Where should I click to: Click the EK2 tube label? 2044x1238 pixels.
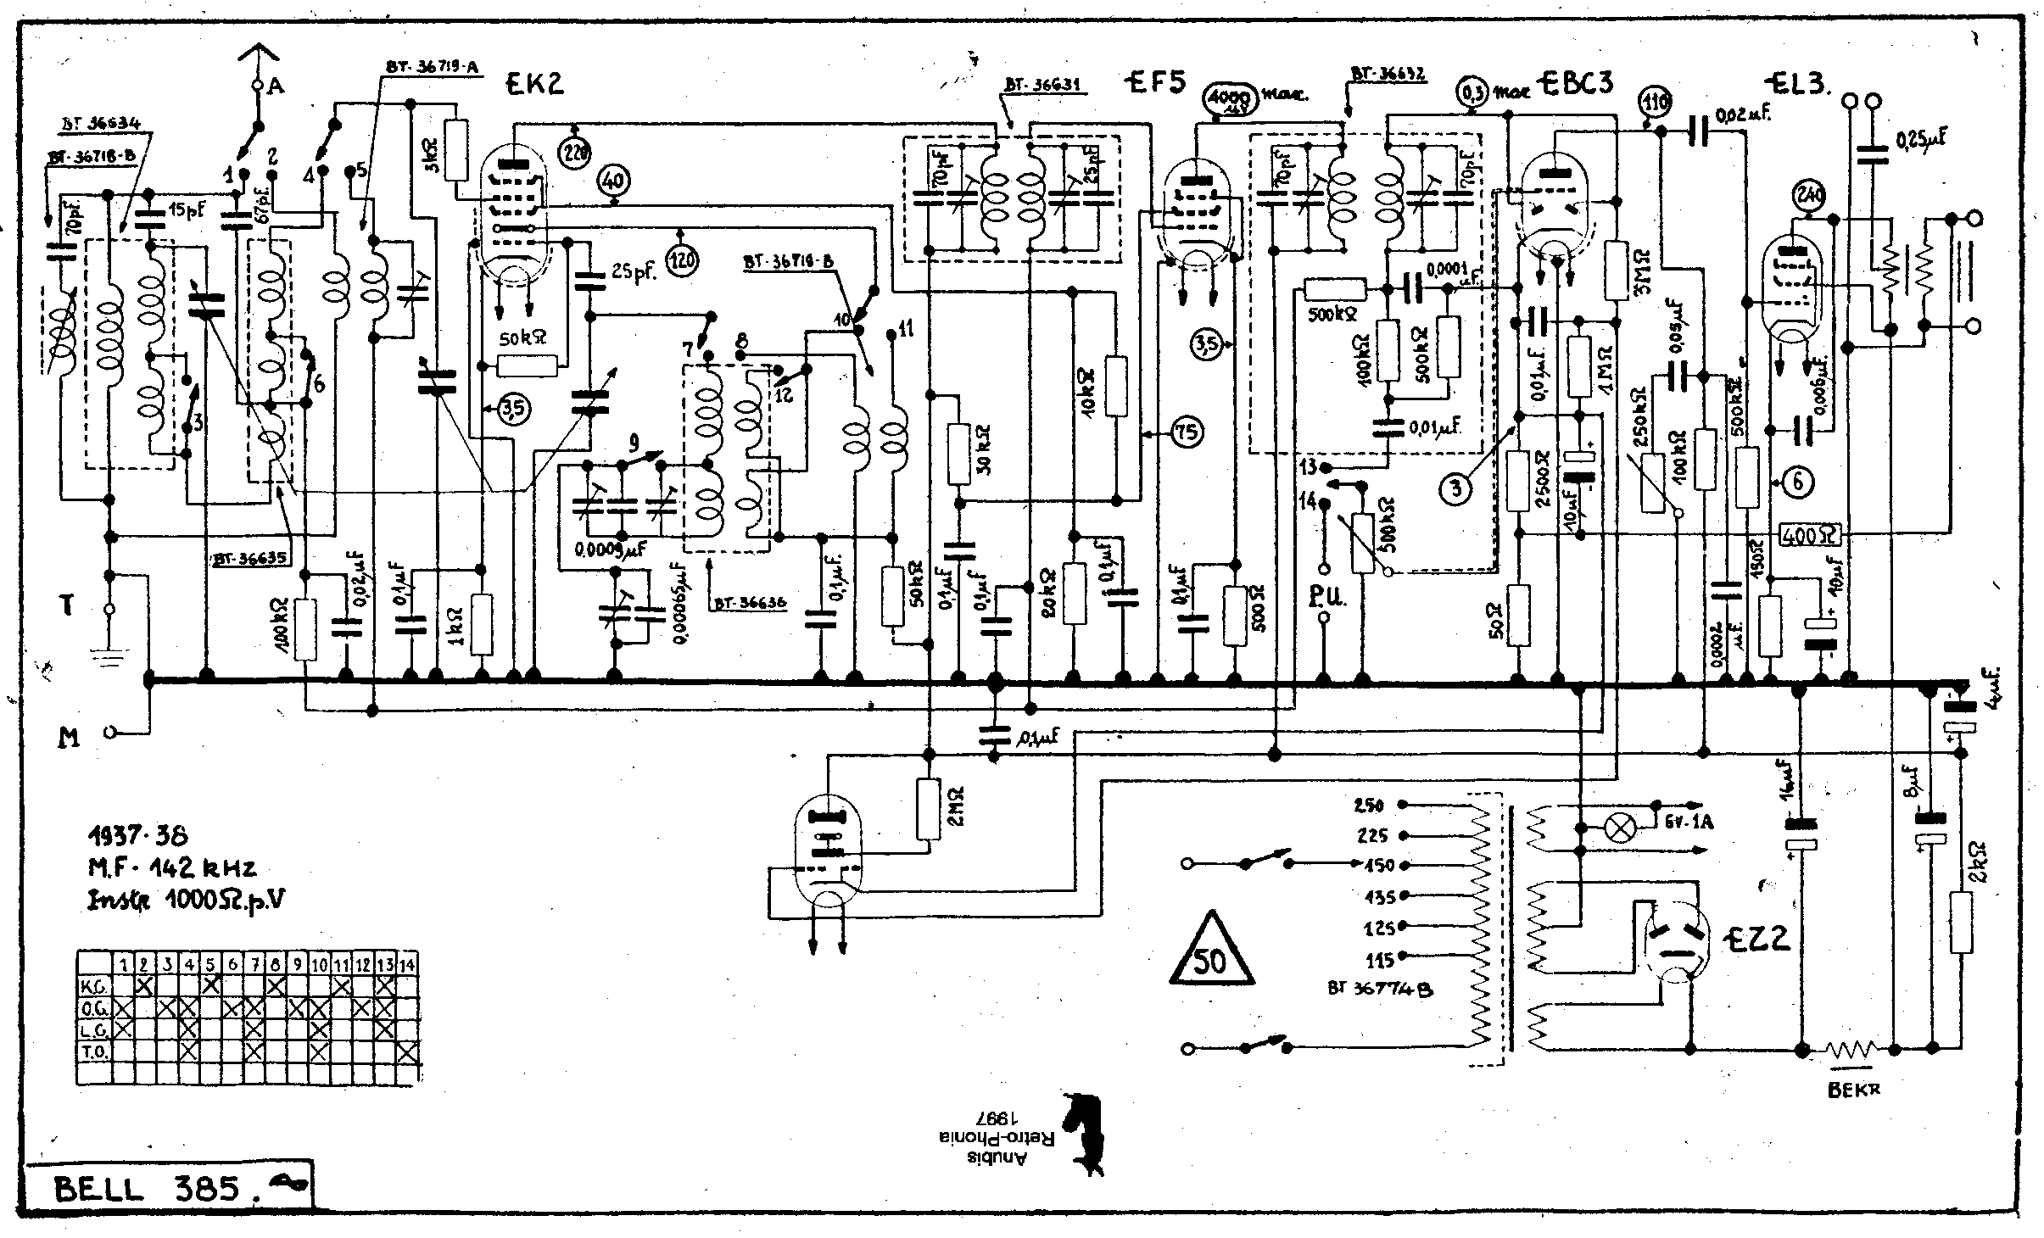pyautogui.click(x=534, y=83)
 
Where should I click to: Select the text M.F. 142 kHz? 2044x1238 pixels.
pyautogui.click(x=172, y=867)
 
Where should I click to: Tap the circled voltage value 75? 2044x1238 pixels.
pyautogui.click(x=1187, y=433)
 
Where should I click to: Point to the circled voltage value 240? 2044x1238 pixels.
pyautogui.click(x=1809, y=197)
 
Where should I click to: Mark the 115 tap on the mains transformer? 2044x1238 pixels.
pyautogui.click(x=1380, y=960)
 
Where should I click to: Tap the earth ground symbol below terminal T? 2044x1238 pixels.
pyautogui.click(x=109, y=657)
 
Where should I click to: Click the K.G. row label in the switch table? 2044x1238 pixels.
pyautogui.click(x=92, y=986)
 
